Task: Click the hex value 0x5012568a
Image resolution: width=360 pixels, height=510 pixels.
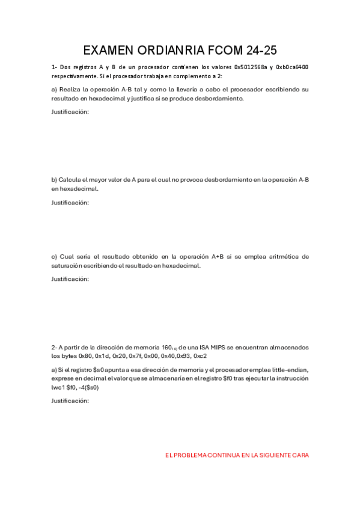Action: click(250, 67)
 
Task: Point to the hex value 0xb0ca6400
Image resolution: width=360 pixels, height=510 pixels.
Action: click(293, 67)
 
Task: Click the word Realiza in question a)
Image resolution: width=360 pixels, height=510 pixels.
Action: click(72, 89)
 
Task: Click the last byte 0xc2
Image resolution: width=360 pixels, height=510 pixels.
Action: click(201, 356)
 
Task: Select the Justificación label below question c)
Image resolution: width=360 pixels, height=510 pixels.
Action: click(70, 279)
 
